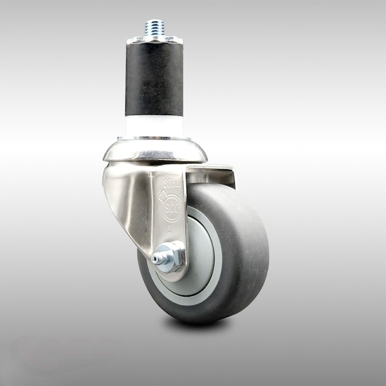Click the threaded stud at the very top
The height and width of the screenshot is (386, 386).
pos(154,26)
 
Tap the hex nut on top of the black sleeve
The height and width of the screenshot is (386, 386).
pos(154,40)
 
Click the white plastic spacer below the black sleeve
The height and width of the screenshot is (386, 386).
pos(154,126)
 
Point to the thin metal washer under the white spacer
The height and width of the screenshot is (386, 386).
pos(154,138)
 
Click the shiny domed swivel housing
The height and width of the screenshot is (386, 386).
pos(154,151)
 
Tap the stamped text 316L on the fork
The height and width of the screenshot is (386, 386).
pos(172,182)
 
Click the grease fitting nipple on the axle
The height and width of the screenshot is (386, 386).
pos(156,259)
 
